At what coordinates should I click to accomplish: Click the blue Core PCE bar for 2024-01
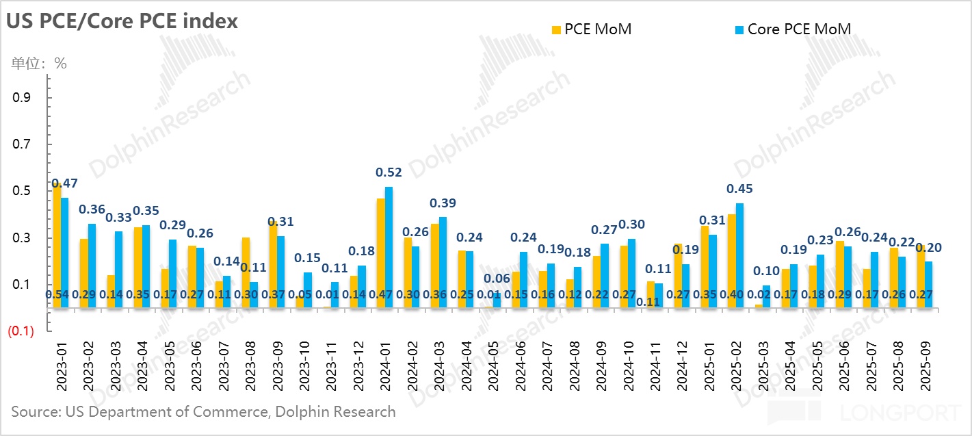coord(389,247)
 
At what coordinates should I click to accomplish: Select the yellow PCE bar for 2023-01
coord(57,246)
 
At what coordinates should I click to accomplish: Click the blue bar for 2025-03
coord(767,296)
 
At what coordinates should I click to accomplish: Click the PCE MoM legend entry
coord(591,29)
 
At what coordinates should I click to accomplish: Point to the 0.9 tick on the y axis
coord(22,97)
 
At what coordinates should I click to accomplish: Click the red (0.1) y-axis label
coord(21,332)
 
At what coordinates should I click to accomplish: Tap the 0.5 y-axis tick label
coord(22,191)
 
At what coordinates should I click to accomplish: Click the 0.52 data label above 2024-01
coord(389,173)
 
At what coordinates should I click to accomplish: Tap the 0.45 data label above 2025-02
coord(740,189)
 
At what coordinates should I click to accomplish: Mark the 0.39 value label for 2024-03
coord(443,203)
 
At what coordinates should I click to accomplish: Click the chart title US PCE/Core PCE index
coord(122,21)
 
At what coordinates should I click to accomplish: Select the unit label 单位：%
coord(39,64)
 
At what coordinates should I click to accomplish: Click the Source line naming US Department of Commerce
coord(203,412)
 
